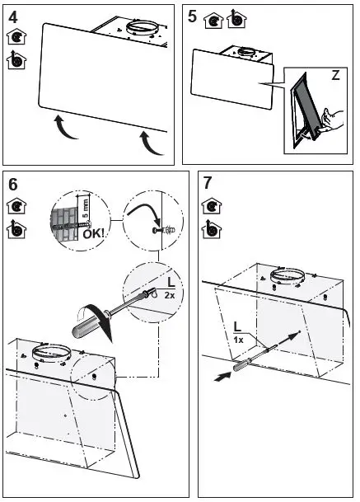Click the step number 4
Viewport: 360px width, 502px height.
[x=13, y=17]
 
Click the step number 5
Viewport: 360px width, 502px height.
[x=192, y=16]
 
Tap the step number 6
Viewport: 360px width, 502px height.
[x=13, y=185]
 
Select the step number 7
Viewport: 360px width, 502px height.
[x=208, y=183]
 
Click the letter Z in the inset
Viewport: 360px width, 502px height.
[x=335, y=76]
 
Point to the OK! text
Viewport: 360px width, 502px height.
[x=93, y=234]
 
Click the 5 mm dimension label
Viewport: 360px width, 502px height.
[x=86, y=209]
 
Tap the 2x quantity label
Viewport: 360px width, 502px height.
[x=170, y=295]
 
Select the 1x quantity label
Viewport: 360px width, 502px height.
[x=238, y=340]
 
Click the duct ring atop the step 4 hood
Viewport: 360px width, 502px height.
[x=142, y=27]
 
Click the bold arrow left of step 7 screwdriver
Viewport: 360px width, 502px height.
[x=222, y=377]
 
